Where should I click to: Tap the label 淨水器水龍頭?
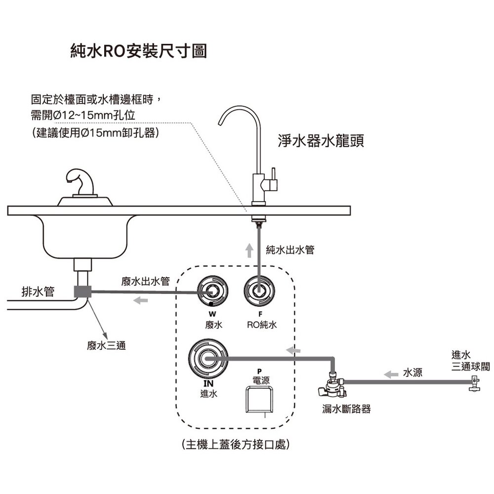(321, 141)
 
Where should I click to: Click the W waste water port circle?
(212, 291)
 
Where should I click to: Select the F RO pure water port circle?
(259, 291)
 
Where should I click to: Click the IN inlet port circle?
(208, 359)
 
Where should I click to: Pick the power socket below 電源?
(259, 400)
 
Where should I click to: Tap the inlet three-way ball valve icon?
(474, 384)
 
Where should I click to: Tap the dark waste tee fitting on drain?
(82, 291)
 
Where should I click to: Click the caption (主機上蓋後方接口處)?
(236, 445)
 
